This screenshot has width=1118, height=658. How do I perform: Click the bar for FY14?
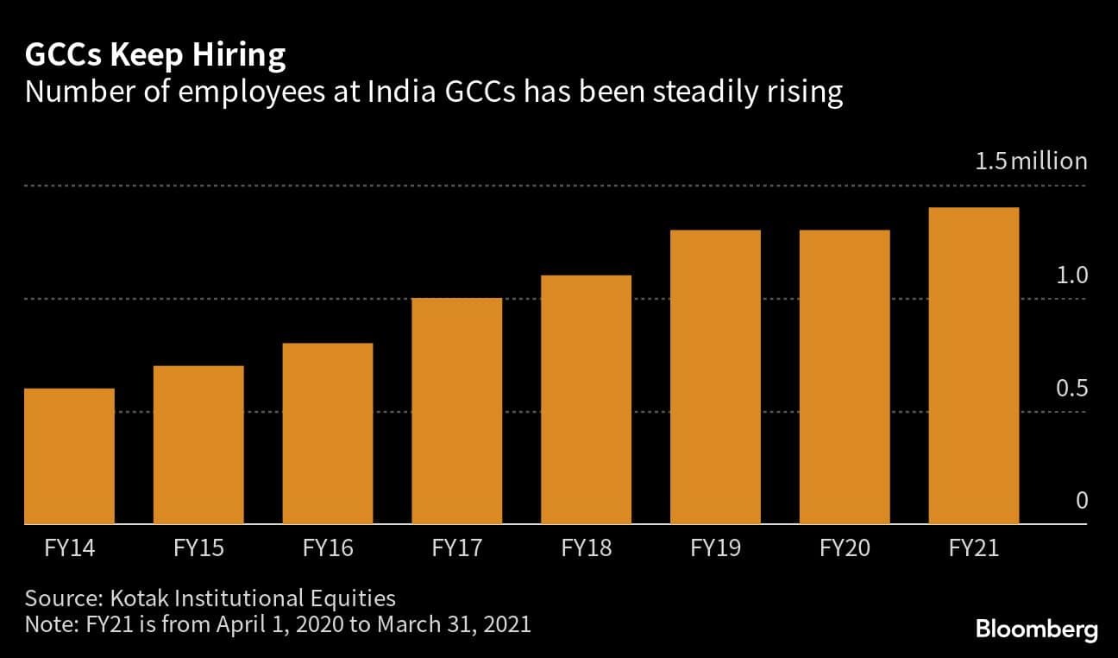(69, 456)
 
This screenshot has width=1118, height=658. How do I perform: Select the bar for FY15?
(198, 445)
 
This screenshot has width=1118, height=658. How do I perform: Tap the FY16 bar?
(328, 433)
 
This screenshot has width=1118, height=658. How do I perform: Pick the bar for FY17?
(456, 411)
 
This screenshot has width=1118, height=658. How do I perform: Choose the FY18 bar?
(586, 400)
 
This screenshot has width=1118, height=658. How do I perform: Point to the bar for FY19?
(715, 377)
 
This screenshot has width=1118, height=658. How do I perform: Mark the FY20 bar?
(845, 377)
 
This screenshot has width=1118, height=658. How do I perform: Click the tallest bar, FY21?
(973, 366)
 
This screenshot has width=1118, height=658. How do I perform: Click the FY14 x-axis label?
(69, 548)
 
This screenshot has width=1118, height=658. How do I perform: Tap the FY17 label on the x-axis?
(456, 548)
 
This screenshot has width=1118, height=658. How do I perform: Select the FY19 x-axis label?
(715, 548)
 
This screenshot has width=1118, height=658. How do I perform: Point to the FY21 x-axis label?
(973, 548)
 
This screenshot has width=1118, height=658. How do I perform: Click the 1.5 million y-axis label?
(1031, 161)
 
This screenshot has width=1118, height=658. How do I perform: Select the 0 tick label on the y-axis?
(1081, 502)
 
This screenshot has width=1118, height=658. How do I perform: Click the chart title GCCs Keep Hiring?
(155, 56)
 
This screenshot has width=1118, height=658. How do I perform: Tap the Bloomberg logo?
(1036, 630)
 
